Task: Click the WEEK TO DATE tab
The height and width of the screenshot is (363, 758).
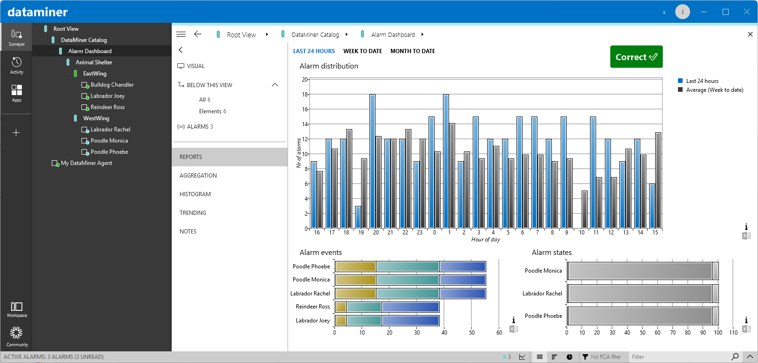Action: (362, 51)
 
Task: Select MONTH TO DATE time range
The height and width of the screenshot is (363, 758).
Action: (412, 51)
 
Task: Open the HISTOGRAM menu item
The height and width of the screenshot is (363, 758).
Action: (195, 194)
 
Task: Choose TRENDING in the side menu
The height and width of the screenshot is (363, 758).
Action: (193, 213)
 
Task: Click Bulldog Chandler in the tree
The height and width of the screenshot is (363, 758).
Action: (112, 85)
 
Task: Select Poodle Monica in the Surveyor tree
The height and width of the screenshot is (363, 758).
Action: (109, 141)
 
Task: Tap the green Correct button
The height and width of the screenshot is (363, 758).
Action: (636, 57)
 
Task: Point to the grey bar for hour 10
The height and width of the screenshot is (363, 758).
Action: (584, 210)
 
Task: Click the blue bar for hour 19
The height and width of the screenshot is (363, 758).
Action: (358, 217)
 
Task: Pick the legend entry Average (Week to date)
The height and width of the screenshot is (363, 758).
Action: (714, 90)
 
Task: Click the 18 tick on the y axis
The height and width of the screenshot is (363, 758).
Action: (305, 95)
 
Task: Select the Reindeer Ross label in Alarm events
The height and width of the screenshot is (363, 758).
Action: (313, 307)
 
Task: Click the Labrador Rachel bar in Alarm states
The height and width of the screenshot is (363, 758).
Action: (640, 294)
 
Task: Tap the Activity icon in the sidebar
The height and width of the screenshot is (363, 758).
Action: (16, 65)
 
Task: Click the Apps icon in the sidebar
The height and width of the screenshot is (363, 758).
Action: (16, 93)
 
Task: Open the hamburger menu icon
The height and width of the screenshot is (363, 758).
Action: (181, 34)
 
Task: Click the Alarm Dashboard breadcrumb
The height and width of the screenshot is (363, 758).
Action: (393, 34)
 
